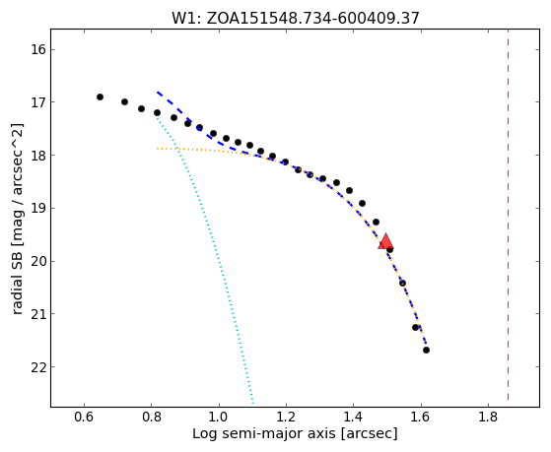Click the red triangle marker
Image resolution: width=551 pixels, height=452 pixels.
[x=385, y=241]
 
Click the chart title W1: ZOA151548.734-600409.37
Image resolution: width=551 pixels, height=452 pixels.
[x=296, y=19]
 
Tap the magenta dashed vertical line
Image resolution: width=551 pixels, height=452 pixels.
[x=509, y=215]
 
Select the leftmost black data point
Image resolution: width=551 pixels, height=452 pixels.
[x=100, y=97]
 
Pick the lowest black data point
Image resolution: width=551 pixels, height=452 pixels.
[x=426, y=350]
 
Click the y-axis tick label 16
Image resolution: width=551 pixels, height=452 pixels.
[x=38, y=49]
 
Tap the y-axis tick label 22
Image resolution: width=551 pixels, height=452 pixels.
[x=38, y=367]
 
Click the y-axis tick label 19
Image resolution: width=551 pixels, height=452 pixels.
[x=38, y=208]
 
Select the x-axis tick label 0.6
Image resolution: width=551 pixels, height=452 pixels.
[x=84, y=417]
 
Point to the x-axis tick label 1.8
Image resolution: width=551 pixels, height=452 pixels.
[x=488, y=417]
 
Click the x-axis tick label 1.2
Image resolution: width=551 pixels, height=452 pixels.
[x=286, y=417]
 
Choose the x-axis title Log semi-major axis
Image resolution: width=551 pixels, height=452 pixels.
[x=264, y=434]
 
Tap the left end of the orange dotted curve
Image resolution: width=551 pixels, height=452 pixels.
[x=158, y=149]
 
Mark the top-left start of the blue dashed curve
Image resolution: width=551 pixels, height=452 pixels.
[x=158, y=92]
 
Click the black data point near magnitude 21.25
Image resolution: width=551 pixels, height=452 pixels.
[x=415, y=327]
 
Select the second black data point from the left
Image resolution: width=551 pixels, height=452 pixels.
[x=124, y=101]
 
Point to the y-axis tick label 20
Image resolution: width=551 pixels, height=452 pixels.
[x=38, y=262]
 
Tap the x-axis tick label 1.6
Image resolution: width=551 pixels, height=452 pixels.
[x=421, y=417]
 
